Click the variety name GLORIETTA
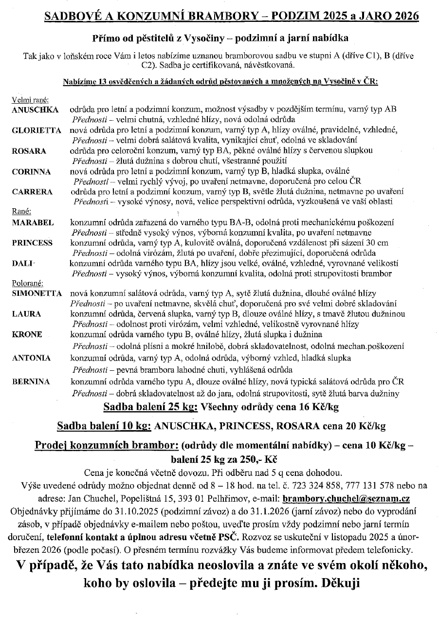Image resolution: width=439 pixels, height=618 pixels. (x=37, y=130)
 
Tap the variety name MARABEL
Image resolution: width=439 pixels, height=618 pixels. (x=33, y=222)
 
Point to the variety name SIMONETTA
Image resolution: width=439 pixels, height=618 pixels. (x=37, y=293)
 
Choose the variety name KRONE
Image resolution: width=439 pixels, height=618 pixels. (x=27, y=334)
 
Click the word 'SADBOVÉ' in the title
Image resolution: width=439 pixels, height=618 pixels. (x=69, y=16)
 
